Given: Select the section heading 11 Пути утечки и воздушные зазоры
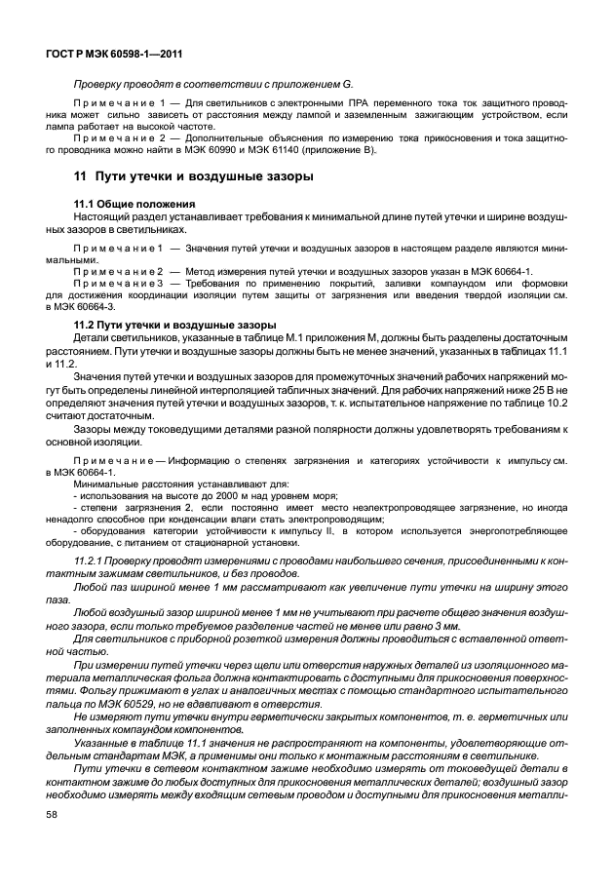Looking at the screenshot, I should pos(194,177).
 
